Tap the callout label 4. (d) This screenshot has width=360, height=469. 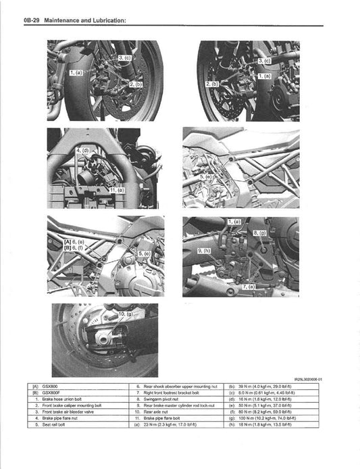click(x=82, y=149)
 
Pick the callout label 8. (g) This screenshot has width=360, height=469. click(x=259, y=232)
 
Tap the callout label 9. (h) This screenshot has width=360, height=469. click(x=205, y=250)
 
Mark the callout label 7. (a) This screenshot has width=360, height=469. click(x=249, y=287)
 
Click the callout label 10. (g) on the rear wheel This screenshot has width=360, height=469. click(x=127, y=315)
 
